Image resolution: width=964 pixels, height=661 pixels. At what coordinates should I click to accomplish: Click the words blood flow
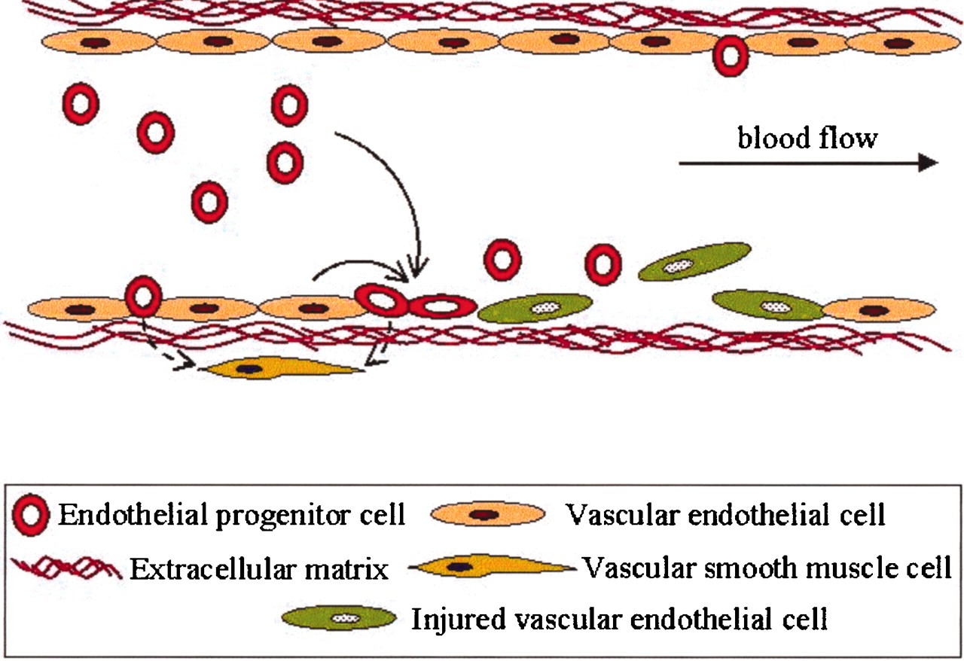coord(807,139)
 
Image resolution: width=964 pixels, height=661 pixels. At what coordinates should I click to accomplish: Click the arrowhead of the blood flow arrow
coord(929,163)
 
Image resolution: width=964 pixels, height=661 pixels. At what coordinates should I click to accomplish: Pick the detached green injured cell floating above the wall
coord(694,262)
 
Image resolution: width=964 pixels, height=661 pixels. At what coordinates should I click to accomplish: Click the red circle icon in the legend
coord(32,516)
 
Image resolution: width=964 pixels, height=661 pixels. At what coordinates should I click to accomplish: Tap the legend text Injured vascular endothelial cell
coord(619,620)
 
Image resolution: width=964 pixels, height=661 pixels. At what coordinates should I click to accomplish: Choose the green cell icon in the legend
coord(340,619)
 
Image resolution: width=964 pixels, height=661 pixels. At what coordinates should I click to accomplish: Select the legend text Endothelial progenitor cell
coord(231,516)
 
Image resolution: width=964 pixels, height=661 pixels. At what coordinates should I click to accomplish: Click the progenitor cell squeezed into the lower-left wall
coord(142,296)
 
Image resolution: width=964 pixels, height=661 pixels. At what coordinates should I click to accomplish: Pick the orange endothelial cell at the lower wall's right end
coord(878,309)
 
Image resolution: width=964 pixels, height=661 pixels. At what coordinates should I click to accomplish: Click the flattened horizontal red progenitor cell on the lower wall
coord(442,306)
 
